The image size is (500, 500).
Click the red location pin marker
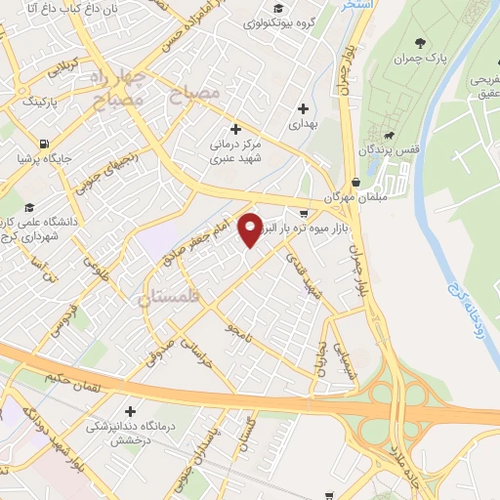click(251, 229)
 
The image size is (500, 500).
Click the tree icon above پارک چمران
click(421, 42)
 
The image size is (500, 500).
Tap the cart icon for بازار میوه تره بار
click(305, 213)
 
